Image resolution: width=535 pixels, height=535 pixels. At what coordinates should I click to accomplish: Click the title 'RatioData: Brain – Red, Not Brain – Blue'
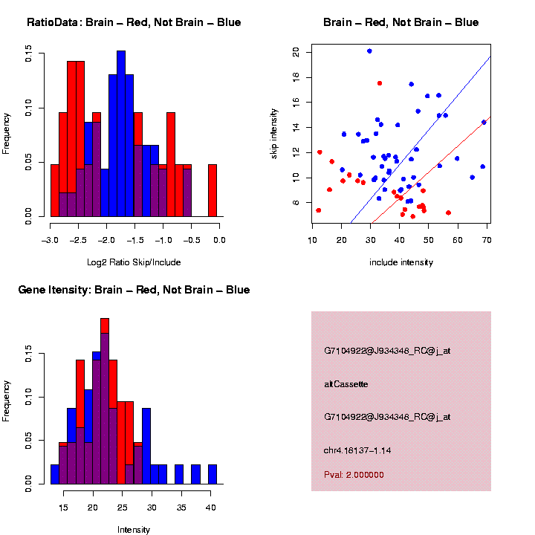click(134, 22)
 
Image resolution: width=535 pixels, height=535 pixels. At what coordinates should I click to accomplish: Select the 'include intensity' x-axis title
click(401, 262)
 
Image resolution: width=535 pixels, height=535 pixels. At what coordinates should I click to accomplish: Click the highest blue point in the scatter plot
click(369, 51)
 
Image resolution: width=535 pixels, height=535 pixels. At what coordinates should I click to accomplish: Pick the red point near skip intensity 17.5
click(380, 83)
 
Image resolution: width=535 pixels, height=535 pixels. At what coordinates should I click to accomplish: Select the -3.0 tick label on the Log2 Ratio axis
click(51, 240)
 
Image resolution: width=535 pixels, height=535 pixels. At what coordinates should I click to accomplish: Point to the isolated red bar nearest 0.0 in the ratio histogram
click(213, 190)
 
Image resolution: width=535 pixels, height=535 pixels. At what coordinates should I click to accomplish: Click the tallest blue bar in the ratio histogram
click(121, 134)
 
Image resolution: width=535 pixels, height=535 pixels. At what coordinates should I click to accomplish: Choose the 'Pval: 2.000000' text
click(354, 474)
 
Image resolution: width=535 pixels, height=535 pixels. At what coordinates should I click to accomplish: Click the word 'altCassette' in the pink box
click(346, 384)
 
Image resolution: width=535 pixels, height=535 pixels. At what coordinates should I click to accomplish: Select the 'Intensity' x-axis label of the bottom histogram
click(134, 530)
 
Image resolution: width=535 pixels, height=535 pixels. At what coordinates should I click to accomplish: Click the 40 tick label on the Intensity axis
click(210, 508)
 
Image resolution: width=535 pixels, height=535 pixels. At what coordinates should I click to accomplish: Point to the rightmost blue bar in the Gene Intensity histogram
click(213, 474)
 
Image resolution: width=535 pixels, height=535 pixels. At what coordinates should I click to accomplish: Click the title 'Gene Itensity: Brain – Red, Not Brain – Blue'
click(134, 290)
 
